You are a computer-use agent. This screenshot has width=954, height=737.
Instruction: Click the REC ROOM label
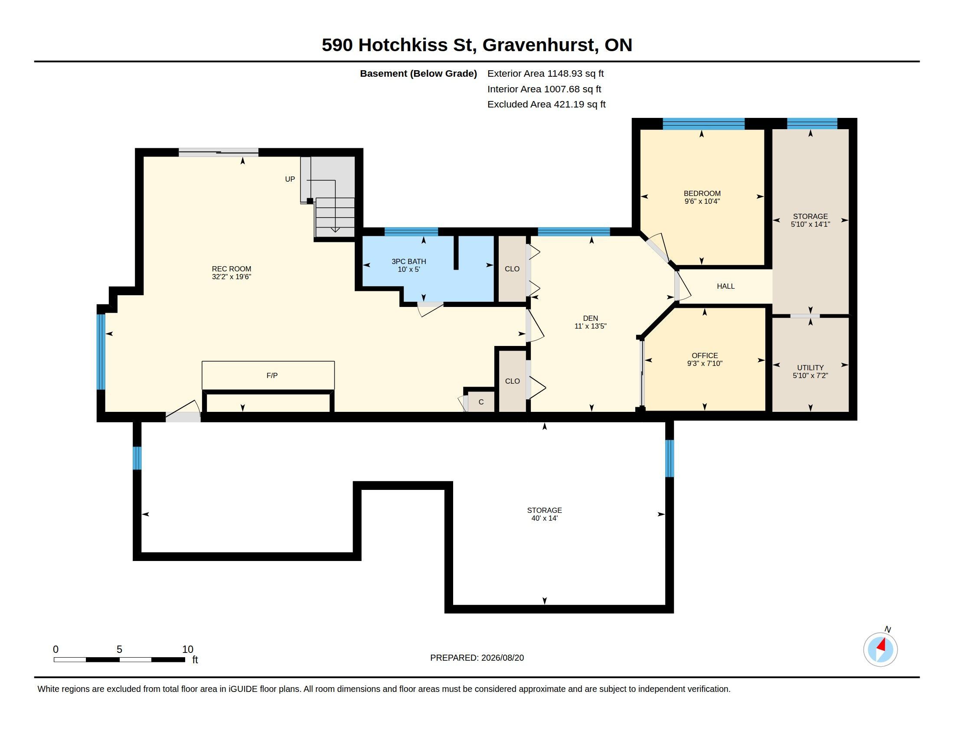[232, 269]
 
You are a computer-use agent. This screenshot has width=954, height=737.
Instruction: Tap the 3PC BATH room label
[409, 261]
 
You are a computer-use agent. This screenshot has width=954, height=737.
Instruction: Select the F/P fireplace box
[268, 375]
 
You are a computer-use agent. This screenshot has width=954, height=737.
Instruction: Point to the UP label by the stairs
[290, 179]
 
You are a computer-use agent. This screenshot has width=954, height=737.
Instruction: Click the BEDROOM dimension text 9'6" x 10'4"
[702, 201]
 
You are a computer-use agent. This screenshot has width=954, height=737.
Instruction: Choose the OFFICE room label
[705, 355]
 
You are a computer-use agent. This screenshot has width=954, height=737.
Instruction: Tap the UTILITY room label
[810, 368]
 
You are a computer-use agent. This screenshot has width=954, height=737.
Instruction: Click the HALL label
[725, 287]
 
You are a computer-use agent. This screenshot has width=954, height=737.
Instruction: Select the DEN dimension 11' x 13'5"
[591, 326]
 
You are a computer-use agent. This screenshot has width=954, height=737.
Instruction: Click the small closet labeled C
[481, 402]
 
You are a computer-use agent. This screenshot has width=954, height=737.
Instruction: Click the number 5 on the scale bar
[119, 649]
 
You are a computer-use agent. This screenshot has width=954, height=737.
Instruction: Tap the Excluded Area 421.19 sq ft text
[546, 104]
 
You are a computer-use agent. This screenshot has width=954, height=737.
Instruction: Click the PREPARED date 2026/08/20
[502, 658]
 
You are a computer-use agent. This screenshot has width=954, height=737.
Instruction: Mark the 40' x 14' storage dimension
[544, 518]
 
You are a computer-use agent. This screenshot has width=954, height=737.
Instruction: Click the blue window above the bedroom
[703, 124]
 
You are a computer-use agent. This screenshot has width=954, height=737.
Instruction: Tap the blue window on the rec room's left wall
[101, 352]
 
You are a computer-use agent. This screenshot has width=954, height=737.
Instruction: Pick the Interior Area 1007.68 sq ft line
[544, 89]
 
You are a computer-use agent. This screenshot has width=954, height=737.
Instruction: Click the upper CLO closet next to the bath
[513, 269]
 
